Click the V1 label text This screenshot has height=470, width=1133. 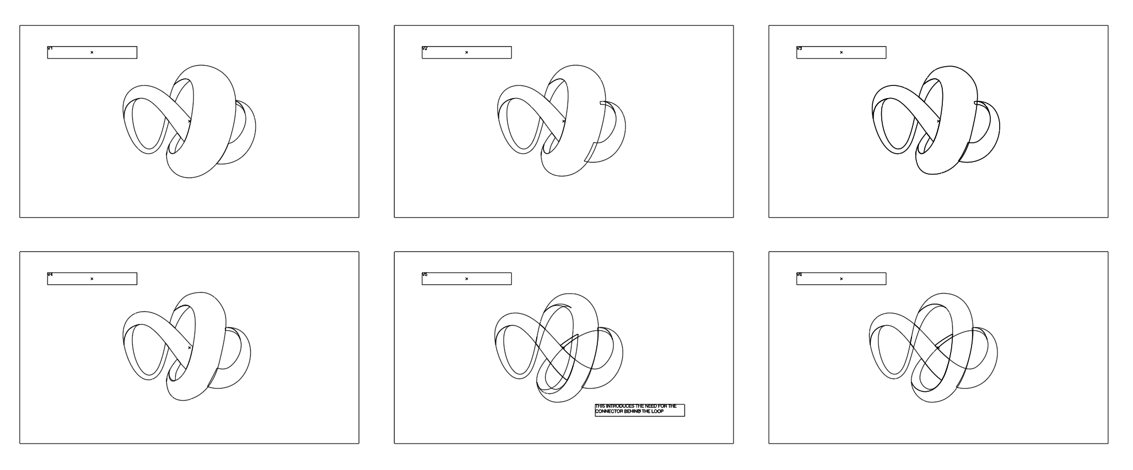coord(50,48)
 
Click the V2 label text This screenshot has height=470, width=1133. coord(424,48)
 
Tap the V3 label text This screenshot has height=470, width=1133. coord(799,48)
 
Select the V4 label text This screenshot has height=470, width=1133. coord(50,274)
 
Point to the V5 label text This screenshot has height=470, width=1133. coord(424,274)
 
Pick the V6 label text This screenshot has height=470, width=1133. coord(799,274)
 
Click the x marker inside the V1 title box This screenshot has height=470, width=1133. coord(92,52)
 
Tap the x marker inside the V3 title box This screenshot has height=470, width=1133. coord(841,52)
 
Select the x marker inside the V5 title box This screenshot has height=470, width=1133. coord(467,279)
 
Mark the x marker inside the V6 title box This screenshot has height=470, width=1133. coord(841,279)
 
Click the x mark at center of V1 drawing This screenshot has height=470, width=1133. coord(190,121)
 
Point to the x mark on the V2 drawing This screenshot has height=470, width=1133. coord(564,121)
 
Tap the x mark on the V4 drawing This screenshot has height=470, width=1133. coord(190,348)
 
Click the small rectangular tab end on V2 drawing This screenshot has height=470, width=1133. coord(603,102)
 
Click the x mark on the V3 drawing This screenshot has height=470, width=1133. coord(938,121)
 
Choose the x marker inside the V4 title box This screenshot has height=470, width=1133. coord(92,279)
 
